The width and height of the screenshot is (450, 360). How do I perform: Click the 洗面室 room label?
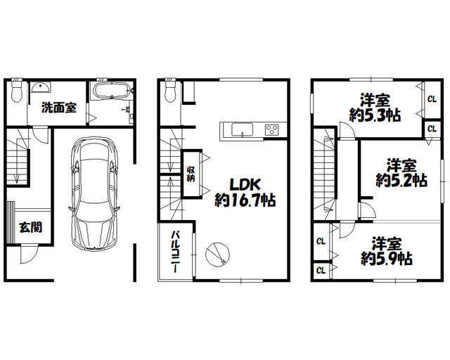[58, 108]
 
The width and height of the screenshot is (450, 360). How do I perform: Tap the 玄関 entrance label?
[30, 226]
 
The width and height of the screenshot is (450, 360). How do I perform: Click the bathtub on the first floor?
[109, 91]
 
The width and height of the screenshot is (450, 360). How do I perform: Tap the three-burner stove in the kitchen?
[271, 129]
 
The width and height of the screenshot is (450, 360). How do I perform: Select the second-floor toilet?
[169, 91]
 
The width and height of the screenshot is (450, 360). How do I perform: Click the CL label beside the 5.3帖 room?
[431, 98]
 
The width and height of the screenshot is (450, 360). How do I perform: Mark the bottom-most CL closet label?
[321, 270]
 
